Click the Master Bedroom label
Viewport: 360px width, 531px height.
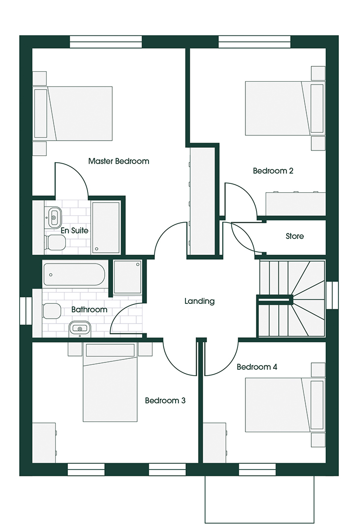pos(119,161)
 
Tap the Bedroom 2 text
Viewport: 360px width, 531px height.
pos(273,171)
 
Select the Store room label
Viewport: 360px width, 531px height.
pos(295,236)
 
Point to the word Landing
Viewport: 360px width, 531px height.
pos(200,301)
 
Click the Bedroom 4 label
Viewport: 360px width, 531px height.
pos(257,367)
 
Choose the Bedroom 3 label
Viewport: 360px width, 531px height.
pos(165,401)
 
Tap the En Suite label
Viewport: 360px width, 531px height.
pos(74,231)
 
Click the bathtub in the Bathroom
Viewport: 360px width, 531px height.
pos(74,274)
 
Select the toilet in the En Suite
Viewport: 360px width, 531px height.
pos(55,242)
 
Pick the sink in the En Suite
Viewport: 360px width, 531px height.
pos(54,217)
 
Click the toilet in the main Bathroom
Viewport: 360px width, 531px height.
pos(52,311)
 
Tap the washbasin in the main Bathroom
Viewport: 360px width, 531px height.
pos(80,329)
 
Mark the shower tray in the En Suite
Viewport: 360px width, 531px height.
pos(105,228)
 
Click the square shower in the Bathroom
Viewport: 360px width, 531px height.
pos(127,277)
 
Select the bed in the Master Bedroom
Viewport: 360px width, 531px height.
pos(72,114)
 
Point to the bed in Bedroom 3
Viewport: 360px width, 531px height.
pos(110,383)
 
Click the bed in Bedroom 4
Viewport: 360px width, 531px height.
pos(285,405)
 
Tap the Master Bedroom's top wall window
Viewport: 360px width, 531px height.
pos(106,42)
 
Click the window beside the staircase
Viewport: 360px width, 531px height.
pos(332,295)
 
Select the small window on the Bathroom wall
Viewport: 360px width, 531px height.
pos(26,311)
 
